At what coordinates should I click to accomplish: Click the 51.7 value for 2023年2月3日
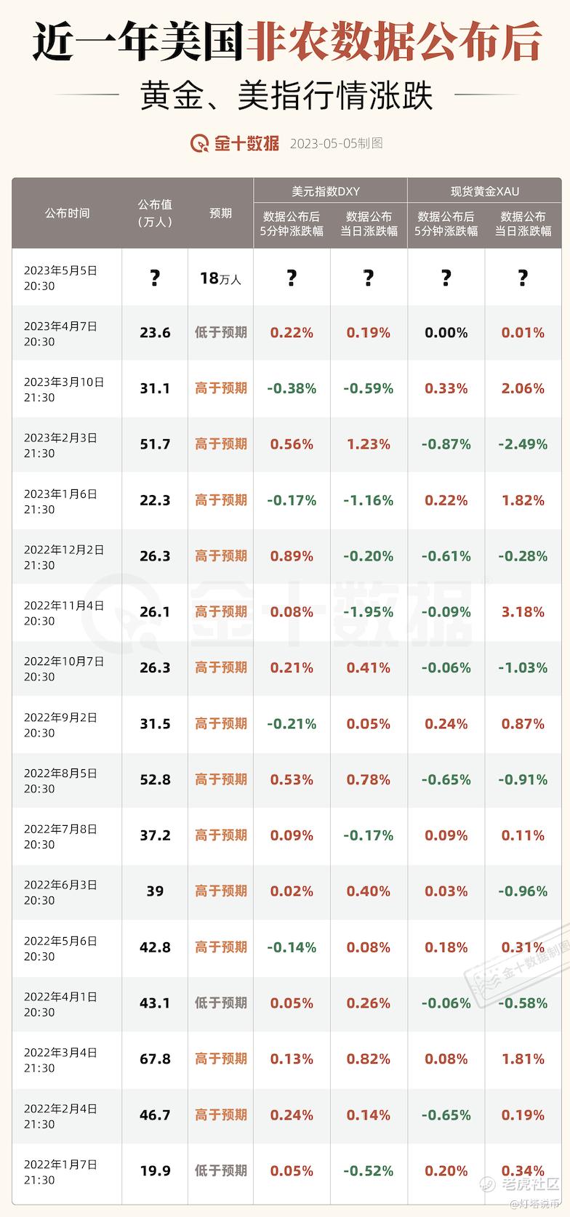tap(155, 444)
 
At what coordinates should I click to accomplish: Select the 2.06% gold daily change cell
tap(523, 388)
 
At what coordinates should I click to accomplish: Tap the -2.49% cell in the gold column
tap(523, 444)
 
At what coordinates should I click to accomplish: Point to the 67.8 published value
tap(155, 1059)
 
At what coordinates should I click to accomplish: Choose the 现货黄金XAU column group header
tap(485, 192)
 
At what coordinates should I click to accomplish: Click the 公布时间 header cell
tap(68, 213)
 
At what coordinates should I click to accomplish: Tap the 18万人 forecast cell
tap(220, 278)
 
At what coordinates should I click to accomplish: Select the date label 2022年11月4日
tap(64, 606)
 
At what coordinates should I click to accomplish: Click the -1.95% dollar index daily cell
tap(369, 612)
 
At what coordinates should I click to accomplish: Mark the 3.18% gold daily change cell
tap(523, 612)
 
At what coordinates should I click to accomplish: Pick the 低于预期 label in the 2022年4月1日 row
tap(220, 1003)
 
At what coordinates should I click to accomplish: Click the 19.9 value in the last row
tap(155, 1170)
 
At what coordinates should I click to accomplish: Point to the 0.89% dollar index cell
tap(292, 556)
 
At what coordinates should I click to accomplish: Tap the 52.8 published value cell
tap(155, 779)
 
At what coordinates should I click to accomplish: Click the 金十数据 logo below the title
tap(235, 143)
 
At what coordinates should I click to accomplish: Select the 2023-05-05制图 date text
tap(336, 143)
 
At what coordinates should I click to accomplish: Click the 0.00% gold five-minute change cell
tap(446, 333)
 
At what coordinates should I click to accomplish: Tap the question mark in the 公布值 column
tap(155, 278)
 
